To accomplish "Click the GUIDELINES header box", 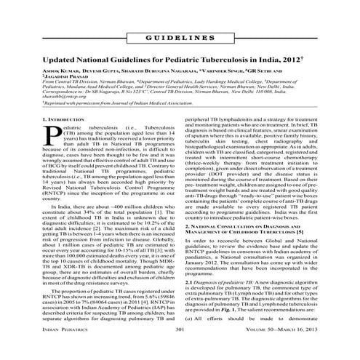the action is pos(180,36).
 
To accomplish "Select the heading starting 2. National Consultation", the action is pos(251,228).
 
